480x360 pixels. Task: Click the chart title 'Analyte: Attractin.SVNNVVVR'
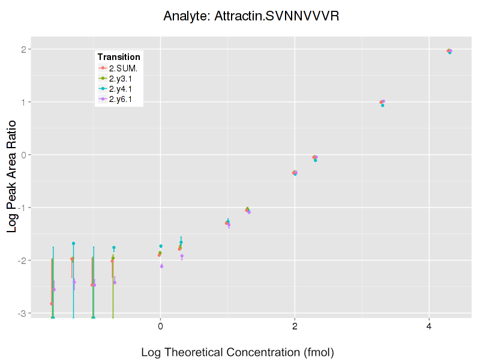251,16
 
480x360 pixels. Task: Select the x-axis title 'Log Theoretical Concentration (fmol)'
238,352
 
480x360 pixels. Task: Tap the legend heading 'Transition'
119,57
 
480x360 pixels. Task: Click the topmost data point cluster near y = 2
449,51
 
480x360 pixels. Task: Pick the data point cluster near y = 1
382,102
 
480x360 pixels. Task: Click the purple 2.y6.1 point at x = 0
161,266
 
